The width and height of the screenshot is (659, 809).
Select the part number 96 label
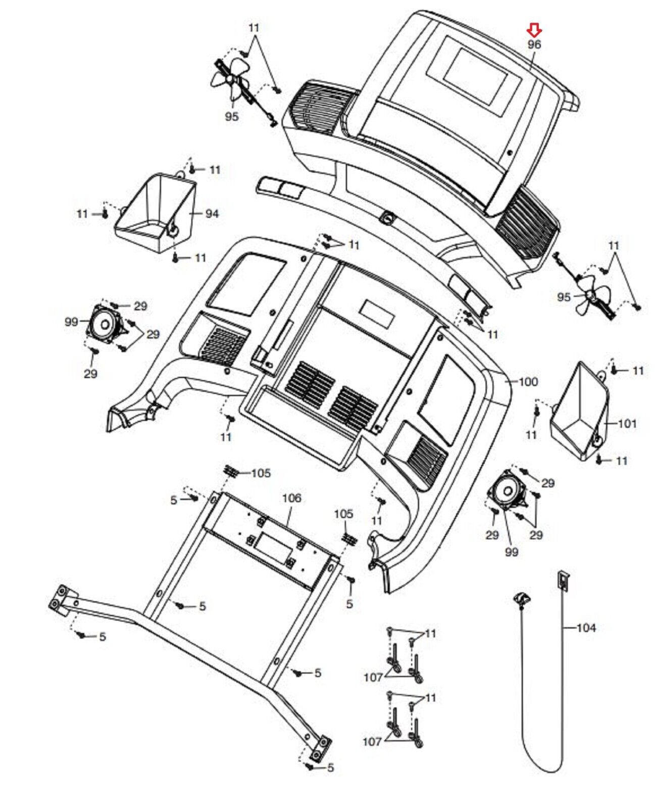pyautogui.click(x=534, y=44)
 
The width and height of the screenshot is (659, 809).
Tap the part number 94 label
pyautogui.click(x=212, y=214)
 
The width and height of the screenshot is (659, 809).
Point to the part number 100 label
pyautogui.click(x=528, y=382)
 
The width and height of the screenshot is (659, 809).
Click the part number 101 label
pyautogui.click(x=627, y=423)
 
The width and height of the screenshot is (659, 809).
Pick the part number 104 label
pyautogui.click(x=586, y=627)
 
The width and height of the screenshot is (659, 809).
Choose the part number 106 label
pyautogui.click(x=291, y=498)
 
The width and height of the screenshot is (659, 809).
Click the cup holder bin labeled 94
pyautogui.click(x=157, y=212)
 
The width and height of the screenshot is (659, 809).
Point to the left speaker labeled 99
pyautogui.click(x=105, y=324)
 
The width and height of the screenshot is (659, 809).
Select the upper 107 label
pyautogui.click(x=373, y=677)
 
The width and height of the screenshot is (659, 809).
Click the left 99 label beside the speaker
pyautogui.click(x=72, y=322)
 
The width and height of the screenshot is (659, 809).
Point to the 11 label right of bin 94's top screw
pyautogui.click(x=215, y=170)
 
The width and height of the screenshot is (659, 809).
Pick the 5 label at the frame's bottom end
pyautogui.click(x=330, y=768)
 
